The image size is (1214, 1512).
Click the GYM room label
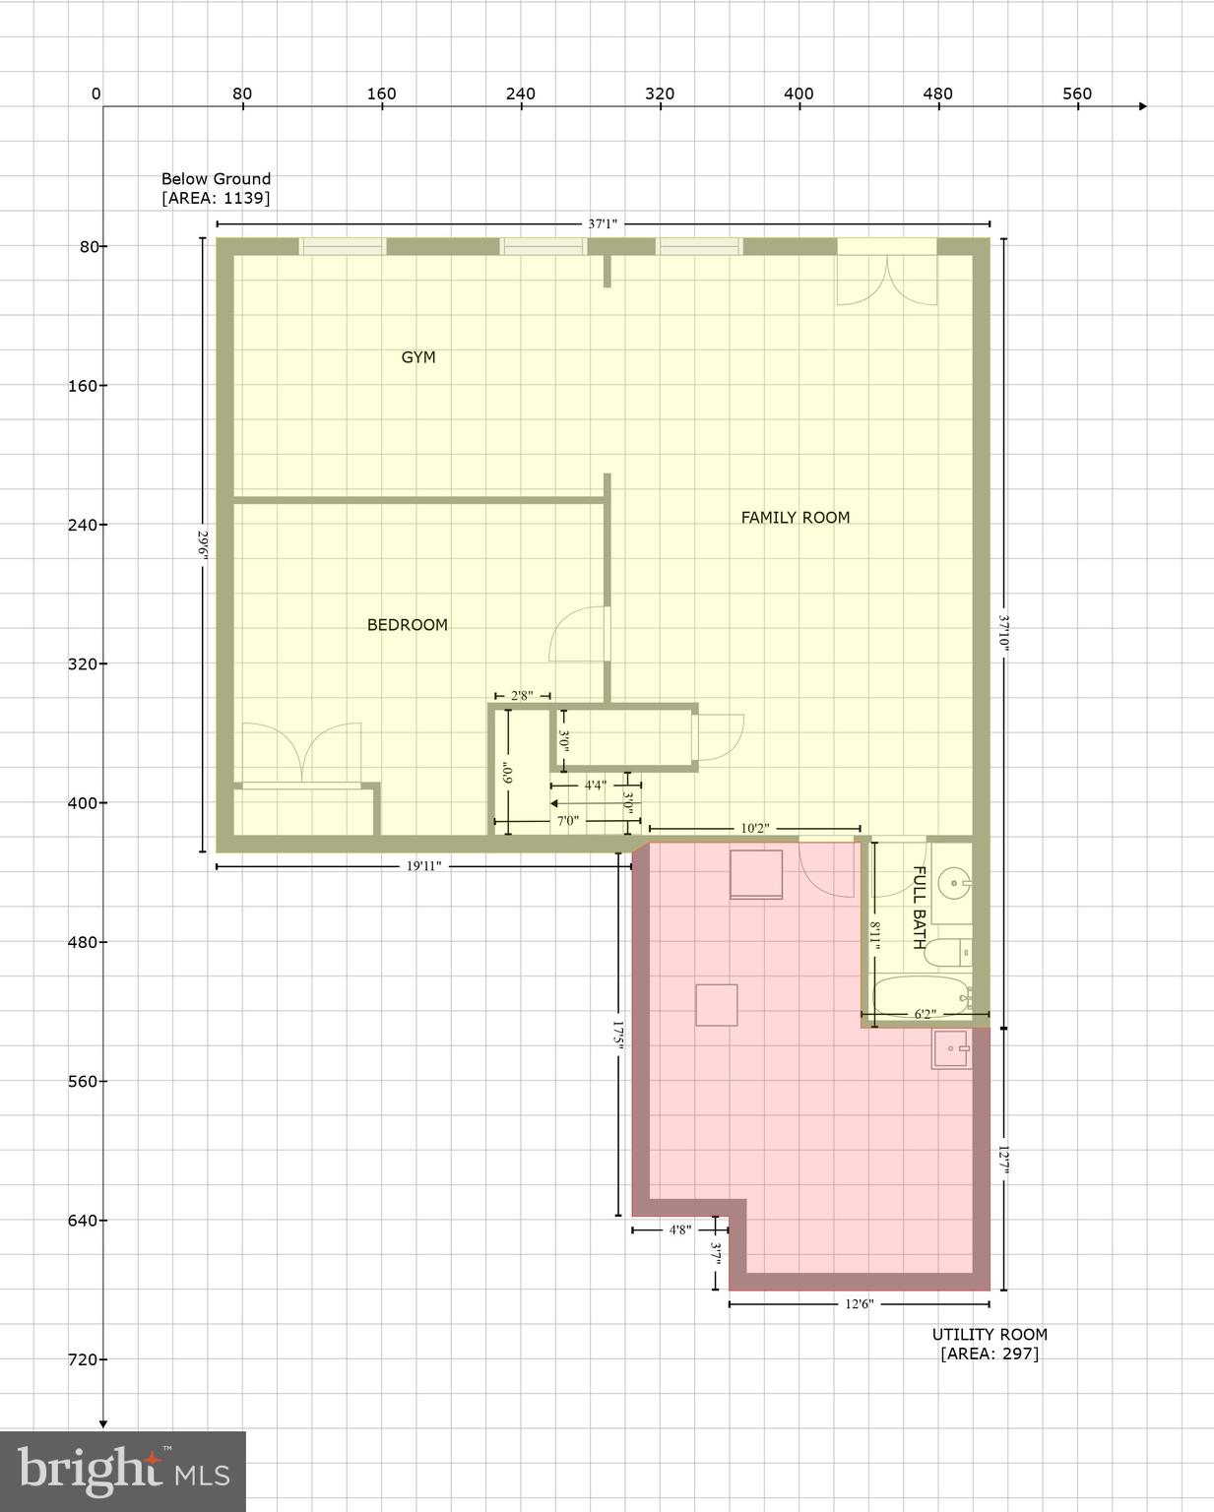417,357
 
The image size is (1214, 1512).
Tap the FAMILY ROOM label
795,518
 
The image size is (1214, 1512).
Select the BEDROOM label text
407,625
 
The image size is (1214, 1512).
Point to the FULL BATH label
919,907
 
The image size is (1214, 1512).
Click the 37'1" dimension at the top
603,224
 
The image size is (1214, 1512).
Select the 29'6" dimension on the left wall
203,544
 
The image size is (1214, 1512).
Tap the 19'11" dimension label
423,866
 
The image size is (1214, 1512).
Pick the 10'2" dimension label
754,829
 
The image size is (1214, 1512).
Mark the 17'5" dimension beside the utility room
618,1037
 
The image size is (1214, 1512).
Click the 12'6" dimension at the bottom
859,1304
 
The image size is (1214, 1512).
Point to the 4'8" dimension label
680,1229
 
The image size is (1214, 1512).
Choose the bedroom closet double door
301,754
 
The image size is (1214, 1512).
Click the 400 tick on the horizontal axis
799,94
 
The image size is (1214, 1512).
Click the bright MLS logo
122,1471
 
